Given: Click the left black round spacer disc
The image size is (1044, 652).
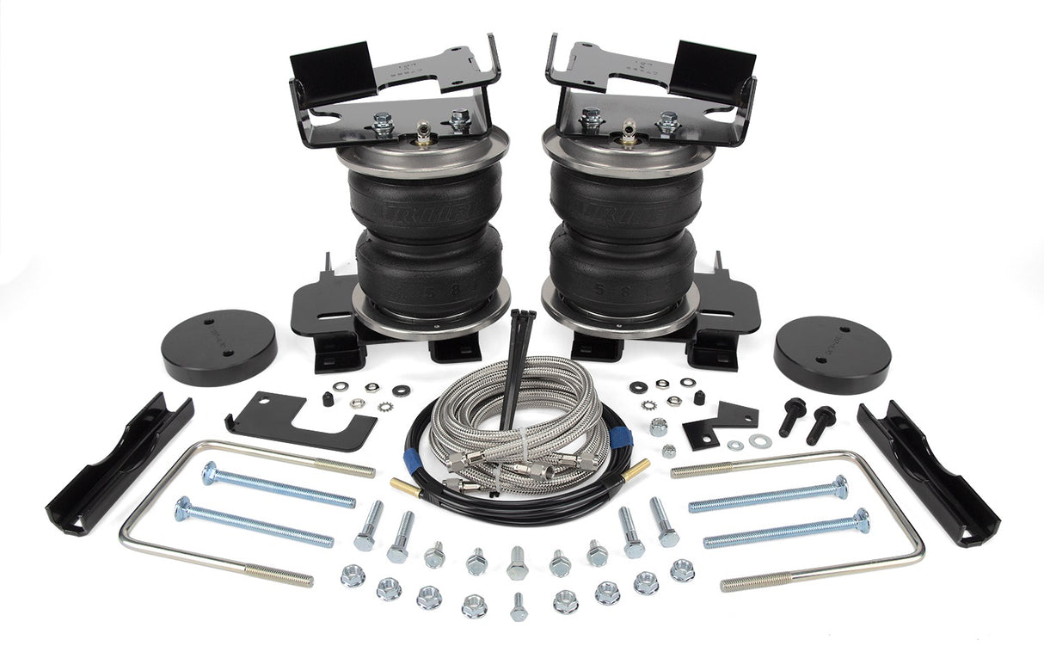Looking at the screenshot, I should [218, 346].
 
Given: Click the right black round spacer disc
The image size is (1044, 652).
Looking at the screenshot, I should [832, 354].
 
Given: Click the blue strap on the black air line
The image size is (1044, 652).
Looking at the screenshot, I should [619, 440].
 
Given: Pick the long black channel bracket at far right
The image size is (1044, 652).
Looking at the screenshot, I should [928, 473].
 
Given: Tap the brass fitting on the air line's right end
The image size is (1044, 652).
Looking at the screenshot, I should [638, 469].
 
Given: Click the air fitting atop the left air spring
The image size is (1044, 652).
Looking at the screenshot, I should [423, 133].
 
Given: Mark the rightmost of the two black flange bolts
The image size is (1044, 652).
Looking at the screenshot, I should [822, 421].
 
